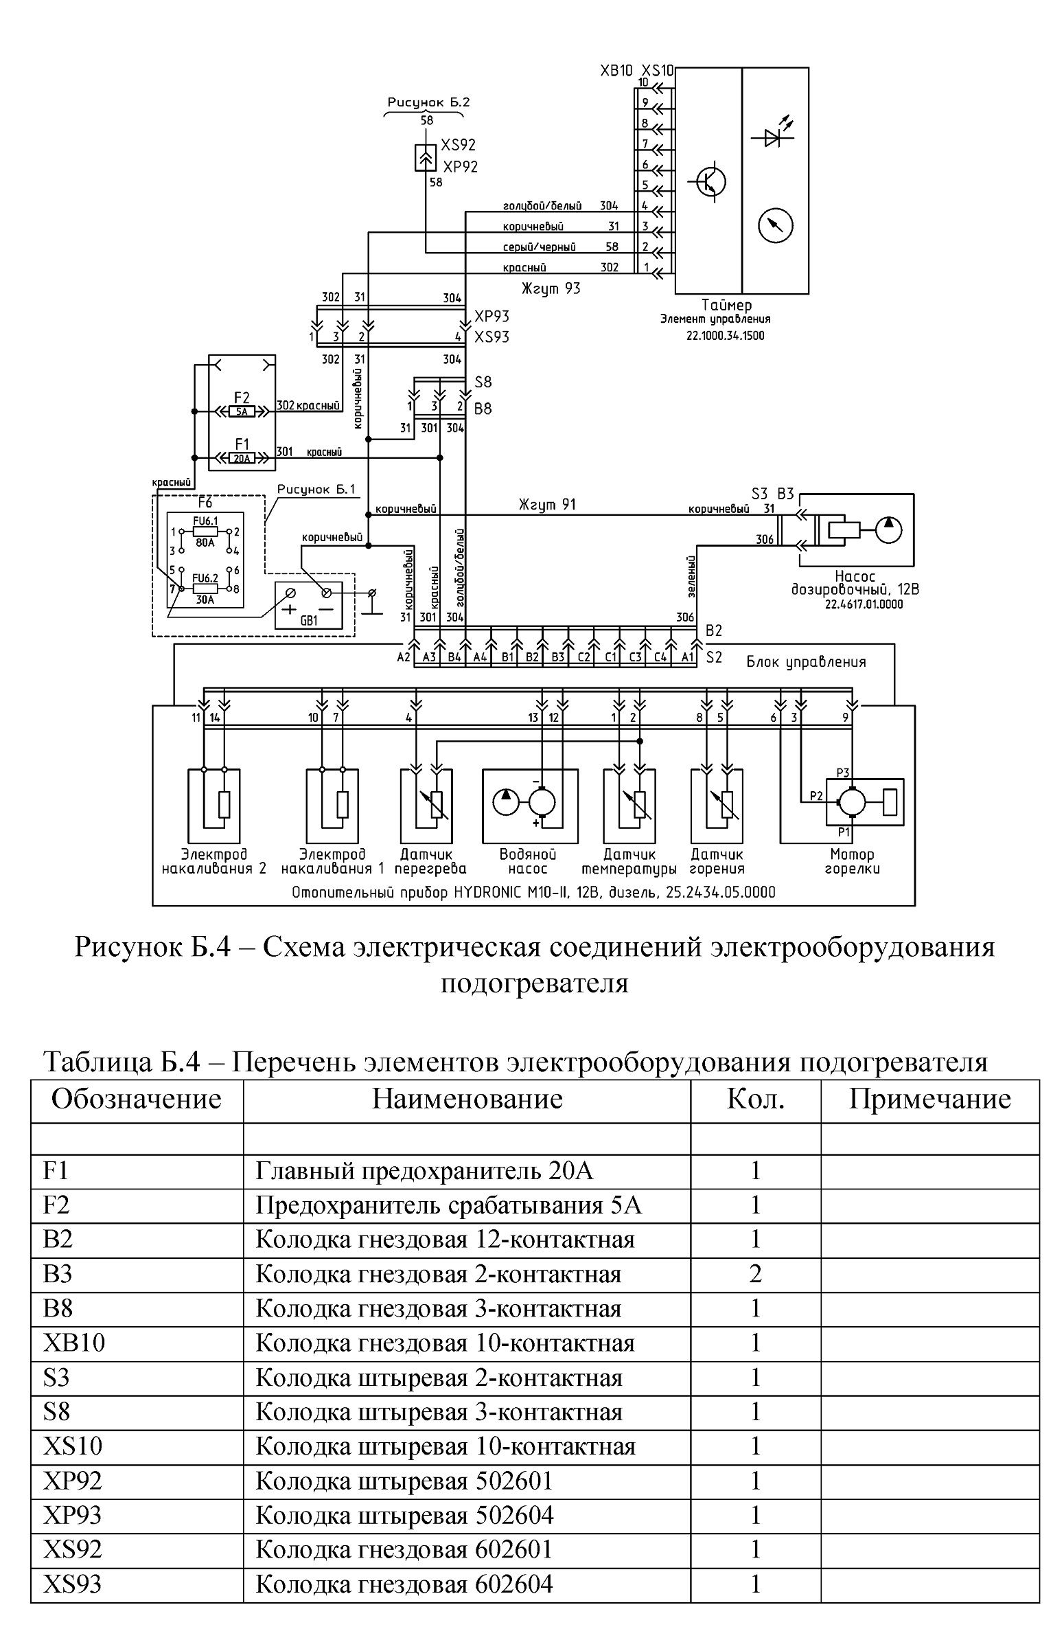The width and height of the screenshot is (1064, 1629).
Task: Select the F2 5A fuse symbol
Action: (241, 412)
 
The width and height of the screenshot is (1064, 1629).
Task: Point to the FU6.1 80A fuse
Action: (205, 532)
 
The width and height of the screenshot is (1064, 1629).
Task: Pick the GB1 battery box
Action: (308, 604)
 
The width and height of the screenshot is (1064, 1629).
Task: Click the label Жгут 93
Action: (550, 289)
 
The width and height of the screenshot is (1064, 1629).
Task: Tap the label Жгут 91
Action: (547, 505)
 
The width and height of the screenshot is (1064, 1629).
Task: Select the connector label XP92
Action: (460, 167)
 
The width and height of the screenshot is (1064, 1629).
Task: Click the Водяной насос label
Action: (528, 861)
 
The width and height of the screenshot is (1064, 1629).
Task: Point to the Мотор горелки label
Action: (852, 861)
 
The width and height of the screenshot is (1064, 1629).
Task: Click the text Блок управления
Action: (806, 662)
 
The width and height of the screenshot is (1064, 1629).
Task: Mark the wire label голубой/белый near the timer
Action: (542, 206)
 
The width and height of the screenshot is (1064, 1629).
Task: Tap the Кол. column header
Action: (755, 1099)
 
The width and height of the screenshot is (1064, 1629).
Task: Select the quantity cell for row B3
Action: (756, 1274)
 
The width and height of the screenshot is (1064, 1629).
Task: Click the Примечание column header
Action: (930, 1099)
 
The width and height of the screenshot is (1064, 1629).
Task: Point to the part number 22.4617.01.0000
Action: (864, 604)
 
